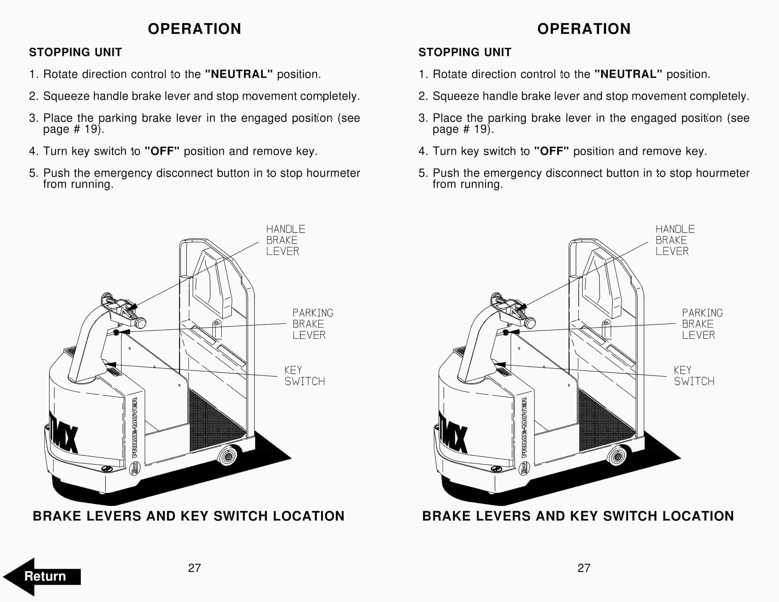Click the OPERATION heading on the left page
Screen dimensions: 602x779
point(195,29)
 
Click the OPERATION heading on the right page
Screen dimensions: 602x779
point(584,29)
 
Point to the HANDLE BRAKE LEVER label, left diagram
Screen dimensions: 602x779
point(285,240)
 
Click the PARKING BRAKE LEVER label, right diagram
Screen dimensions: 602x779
point(702,324)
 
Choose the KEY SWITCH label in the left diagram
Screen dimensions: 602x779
point(304,376)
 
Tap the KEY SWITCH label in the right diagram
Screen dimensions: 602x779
point(693,376)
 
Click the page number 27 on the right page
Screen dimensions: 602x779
point(584,568)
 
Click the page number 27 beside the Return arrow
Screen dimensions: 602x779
point(195,568)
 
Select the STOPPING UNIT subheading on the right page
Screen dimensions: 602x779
point(464,52)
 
